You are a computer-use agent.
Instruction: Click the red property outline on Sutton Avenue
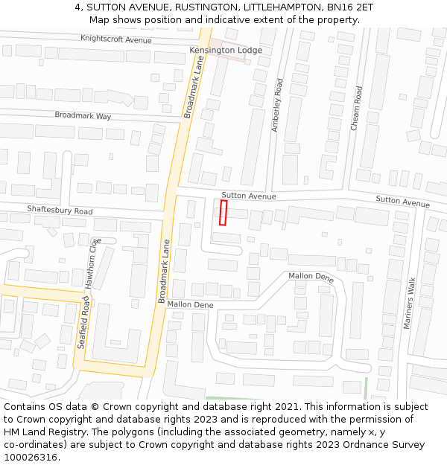tap(223, 212)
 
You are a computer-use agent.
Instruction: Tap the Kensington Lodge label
tap(226, 50)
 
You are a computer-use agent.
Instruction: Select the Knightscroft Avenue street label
tap(115, 39)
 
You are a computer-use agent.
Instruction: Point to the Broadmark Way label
tap(83, 116)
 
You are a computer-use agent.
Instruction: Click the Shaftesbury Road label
tap(60, 211)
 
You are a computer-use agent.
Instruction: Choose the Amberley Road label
tap(278, 106)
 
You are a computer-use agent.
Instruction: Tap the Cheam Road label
tap(357, 109)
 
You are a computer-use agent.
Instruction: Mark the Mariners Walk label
tap(410, 303)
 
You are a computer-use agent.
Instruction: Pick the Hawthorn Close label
tap(92, 263)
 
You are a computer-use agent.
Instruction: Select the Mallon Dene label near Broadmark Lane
tap(190, 305)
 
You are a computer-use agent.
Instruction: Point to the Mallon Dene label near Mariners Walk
tap(311, 276)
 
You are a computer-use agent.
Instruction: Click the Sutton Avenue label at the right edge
tap(402, 201)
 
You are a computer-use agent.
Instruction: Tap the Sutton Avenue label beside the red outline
tap(249, 196)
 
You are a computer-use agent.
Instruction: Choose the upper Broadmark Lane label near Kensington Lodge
tap(194, 89)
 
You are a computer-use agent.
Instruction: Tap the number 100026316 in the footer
tap(30, 458)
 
